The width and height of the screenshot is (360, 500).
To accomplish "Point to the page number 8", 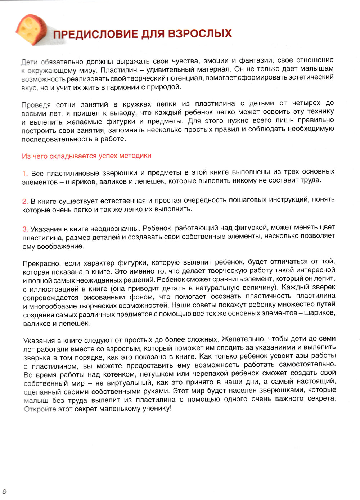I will tap(5, 491).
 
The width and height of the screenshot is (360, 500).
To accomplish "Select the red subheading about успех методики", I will tap(86, 156).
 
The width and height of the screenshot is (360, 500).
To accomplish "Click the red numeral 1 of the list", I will tap(24, 174).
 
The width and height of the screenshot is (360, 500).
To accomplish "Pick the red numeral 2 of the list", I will tap(24, 201).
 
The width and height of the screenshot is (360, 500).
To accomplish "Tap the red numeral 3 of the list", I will tap(25, 229).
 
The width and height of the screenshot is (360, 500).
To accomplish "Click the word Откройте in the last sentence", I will tap(40, 409).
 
